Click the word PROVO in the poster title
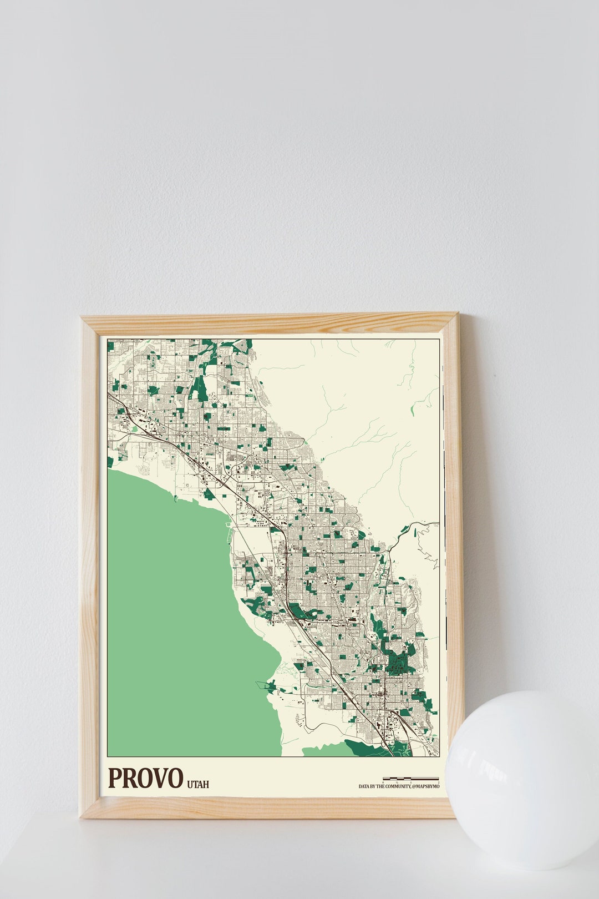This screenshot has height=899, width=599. (145, 778)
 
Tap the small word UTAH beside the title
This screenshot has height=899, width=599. (198, 785)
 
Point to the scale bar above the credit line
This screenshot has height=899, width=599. (410, 779)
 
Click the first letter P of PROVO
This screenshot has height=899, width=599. (115, 778)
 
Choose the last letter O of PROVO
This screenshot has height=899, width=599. (174, 778)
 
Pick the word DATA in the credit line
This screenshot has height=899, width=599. (364, 786)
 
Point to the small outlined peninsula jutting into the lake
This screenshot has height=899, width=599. (266, 686)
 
